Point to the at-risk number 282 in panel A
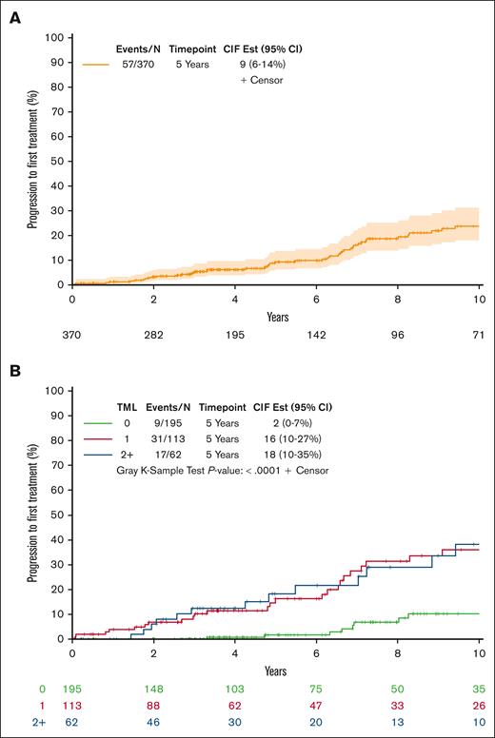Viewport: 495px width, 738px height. click(153, 336)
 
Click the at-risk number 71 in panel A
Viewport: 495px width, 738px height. click(480, 336)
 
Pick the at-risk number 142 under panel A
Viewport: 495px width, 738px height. click(317, 336)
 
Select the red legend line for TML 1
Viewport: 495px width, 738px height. click(98, 438)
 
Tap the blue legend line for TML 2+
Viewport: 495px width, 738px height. click(98, 456)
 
